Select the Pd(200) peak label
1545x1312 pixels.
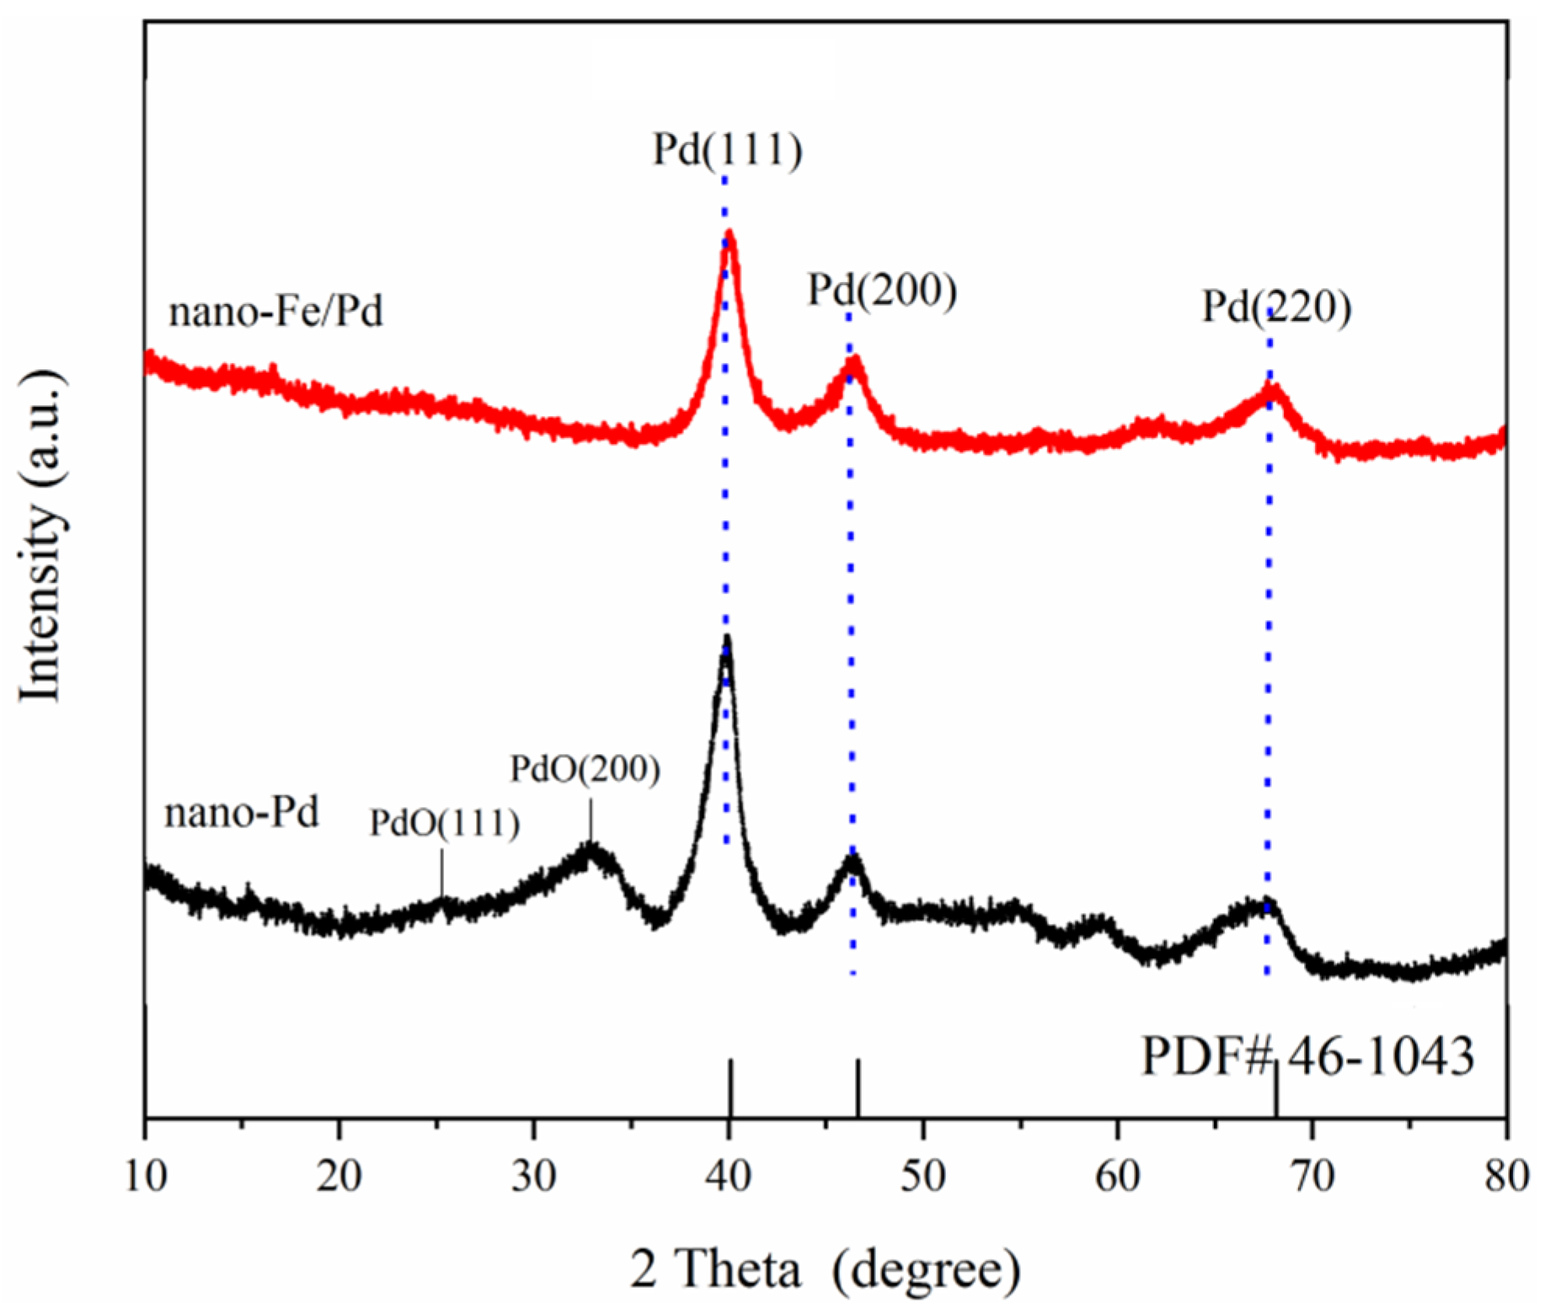tap(881, 290)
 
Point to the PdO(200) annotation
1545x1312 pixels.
tap(584, 770)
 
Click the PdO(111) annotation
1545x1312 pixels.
tap(444, 823)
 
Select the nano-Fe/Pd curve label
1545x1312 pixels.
tap(276, 312)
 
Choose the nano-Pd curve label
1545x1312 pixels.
tap(242, 813)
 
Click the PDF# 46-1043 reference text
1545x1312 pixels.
tap(1307, 1057)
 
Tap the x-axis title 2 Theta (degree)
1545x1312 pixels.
tap(824, 1269)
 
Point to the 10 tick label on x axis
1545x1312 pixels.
tap(146, 1176)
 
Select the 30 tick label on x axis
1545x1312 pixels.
tap(534, 1176)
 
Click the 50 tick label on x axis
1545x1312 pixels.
tap(923, 1176)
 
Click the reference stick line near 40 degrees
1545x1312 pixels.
tap(730, 1088)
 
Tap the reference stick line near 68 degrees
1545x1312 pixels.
tap(1275, 1091)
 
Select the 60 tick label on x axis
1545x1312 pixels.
tap(1117, 1176)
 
